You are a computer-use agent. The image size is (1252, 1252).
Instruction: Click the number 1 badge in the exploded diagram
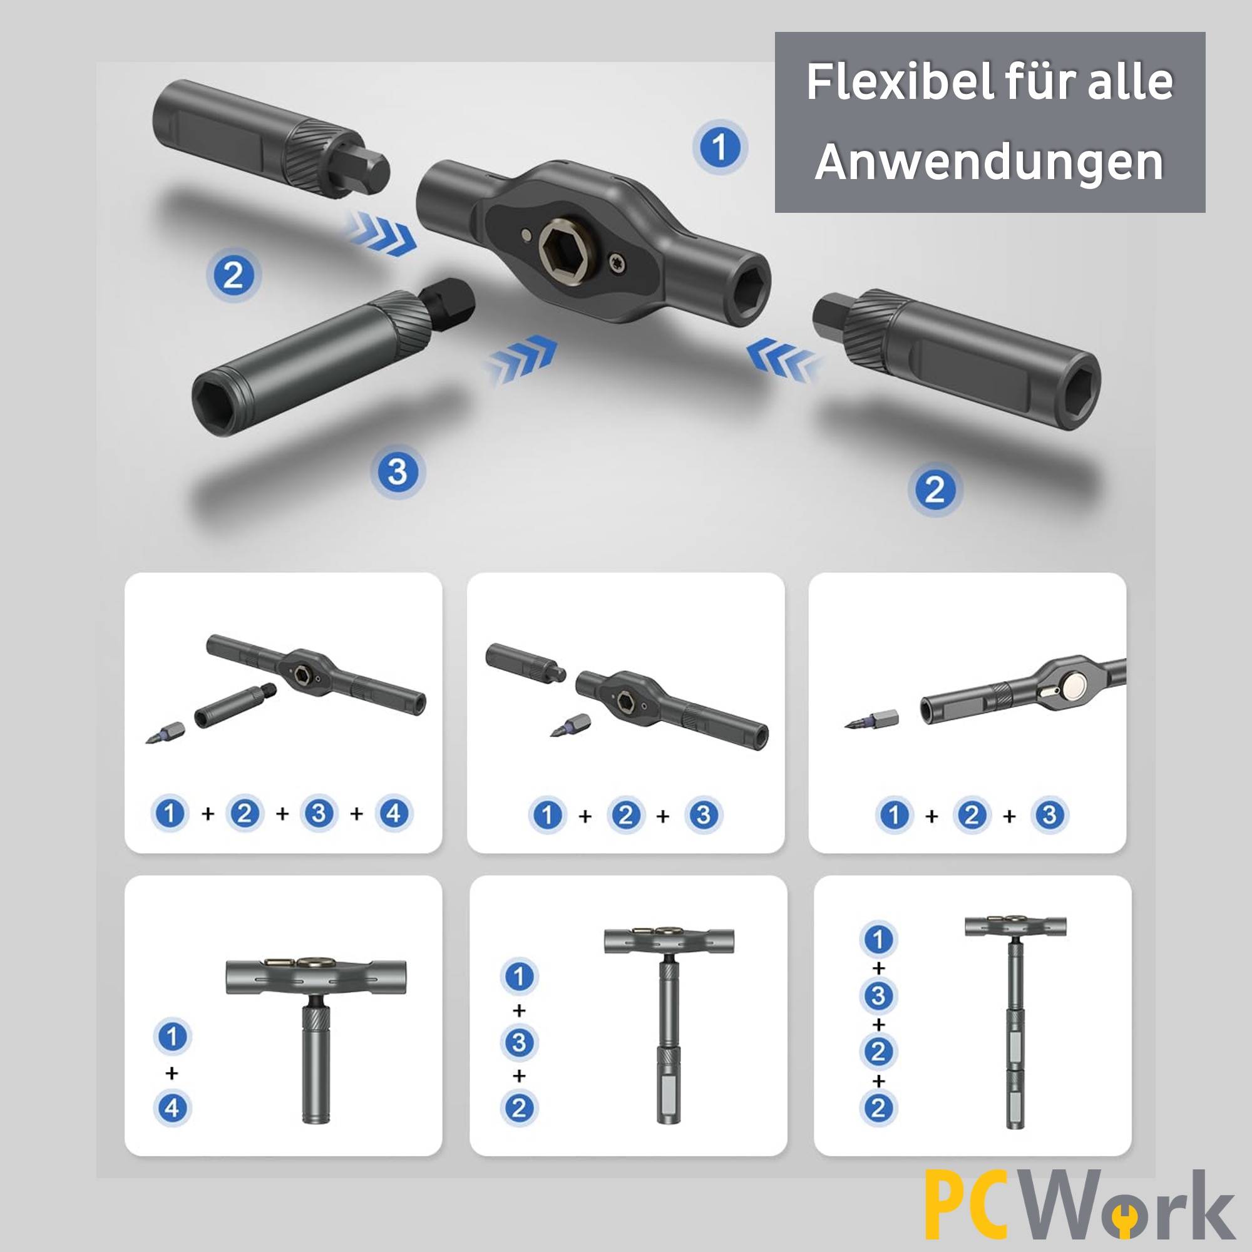tap(719, 148)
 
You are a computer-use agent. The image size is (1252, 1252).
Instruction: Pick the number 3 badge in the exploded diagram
tap(398, 471)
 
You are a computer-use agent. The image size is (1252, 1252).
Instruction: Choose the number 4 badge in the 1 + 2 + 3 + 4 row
tap(394, 813)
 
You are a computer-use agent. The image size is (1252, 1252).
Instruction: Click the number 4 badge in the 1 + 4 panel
tap(172, 1107)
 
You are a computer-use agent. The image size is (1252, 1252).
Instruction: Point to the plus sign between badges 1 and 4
tap(172, 1073)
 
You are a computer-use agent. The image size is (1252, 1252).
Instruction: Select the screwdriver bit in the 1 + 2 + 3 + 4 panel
tap(166, 732)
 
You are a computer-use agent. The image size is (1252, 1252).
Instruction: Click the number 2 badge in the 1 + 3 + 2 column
tap(518, 1108)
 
